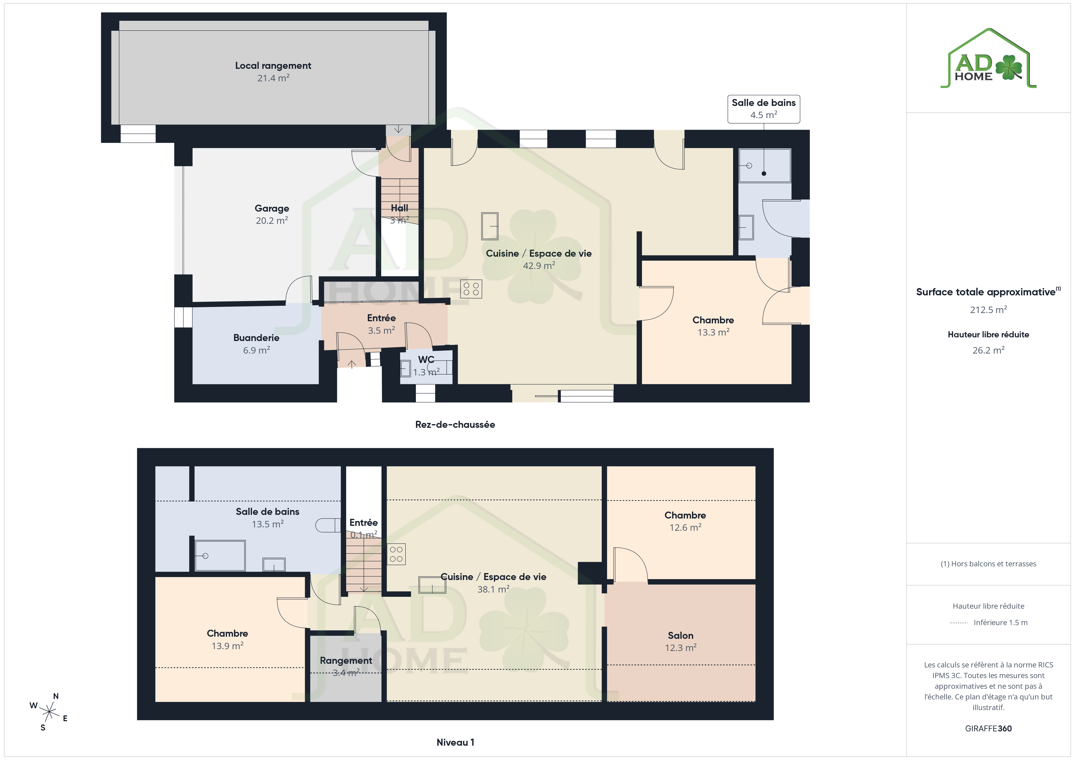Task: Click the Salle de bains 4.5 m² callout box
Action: pyautogui.click(x=764, y=109)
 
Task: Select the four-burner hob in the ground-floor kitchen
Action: pyautogui.click(x=471, y=288)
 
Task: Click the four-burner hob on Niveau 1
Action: pyautogui.click(x=396, y=554)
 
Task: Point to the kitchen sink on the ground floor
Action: pyautogui.click(x=490, y=226)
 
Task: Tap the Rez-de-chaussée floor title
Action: pyautogui.click(x=455, y=424)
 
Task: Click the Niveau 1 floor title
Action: pyautogui.click(x=455, y=742)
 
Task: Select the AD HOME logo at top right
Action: pyautogui.click(x=988, y=58)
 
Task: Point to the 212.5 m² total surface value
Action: pyautogui.click(x=988, y=310)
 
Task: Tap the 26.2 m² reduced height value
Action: pyautogui.click(x=988, y=350)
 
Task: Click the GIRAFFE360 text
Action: pyautogui.click(x=988, y=729)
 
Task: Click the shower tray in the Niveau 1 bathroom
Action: pyautogui.click(x=220, y=556)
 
